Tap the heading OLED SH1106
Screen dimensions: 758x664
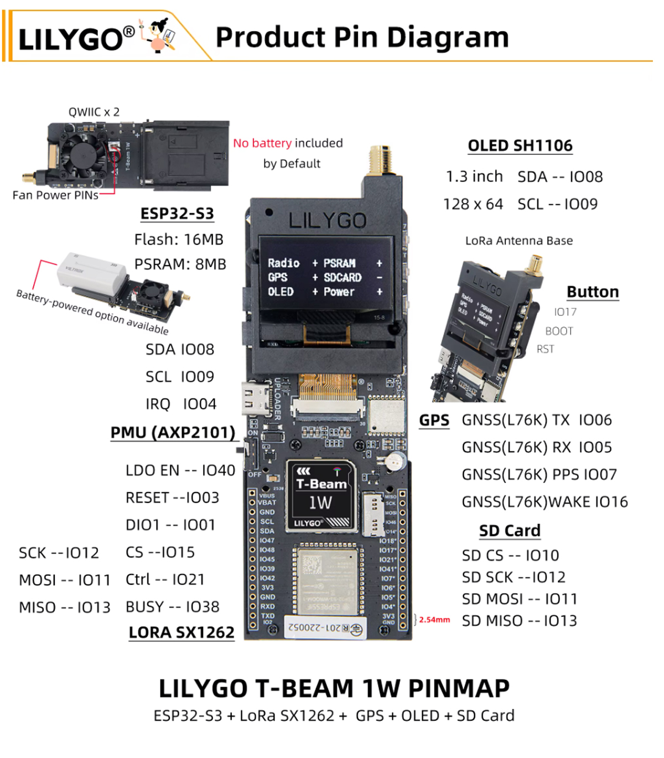pyautogui.click(x=520, y=146)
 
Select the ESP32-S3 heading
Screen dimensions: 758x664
pyautogui.click(x=177, y=214)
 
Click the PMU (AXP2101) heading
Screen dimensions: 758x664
pyautogui.click(x=173, y=432)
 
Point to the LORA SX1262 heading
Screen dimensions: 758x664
pyautogui.click(x=181, y=632)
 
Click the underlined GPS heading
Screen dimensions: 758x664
pyautogui.click(x=434, y=420)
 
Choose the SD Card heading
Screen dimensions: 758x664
pyautogui.click(x=509, y=531)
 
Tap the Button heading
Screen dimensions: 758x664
pyautogui.click(x=592, y=292)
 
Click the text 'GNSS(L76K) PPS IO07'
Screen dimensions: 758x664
pyautogui.click(x=539, y=474)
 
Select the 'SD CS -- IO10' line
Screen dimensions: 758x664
pyautogui.click(x=510, y=555)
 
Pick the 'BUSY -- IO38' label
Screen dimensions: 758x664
pyautogui.click(x=172, y=607)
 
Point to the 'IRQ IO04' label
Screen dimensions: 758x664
pyautogui.click(x=180, y=404)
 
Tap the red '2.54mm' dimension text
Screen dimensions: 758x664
pyautogui.click(x=434, y=620)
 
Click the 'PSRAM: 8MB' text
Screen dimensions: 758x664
pyautogui.click(x=180, y=264)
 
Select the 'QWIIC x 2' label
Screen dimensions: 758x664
pyautogui.click(x=94, y=112)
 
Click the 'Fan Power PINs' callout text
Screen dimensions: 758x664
pyautogui.click(x=55, y=195)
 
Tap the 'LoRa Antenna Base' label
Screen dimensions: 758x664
pyautogui.click(x=518, y=241)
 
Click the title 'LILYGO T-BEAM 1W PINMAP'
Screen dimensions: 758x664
pyautogui.click(x=334, y=689)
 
